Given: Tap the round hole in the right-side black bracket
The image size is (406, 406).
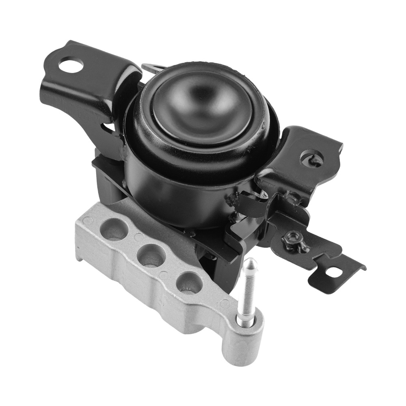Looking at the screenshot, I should pos(312,158).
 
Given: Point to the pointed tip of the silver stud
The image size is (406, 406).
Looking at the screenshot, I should pos(251,261).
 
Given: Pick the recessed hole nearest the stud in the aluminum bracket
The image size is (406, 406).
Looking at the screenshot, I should pos(189,282).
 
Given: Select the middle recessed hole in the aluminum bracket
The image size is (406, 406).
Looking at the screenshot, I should pos(151,256).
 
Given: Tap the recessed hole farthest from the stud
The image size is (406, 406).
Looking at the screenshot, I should pos(114,229).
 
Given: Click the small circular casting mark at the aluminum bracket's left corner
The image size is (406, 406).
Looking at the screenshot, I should pos(87,221).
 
